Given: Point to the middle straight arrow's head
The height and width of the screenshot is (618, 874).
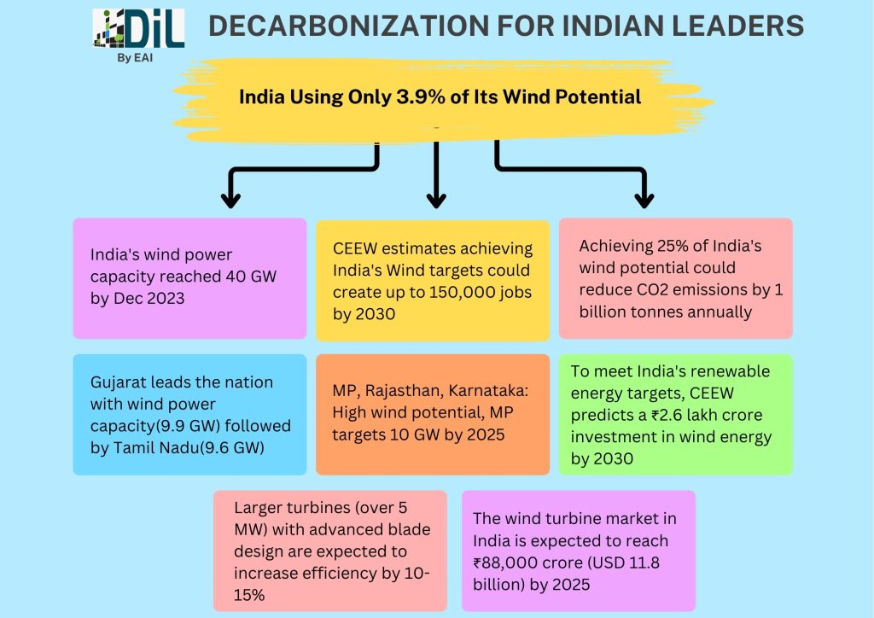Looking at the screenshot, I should (x=436, y=199).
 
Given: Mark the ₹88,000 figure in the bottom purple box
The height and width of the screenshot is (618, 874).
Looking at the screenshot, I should (x=507, y=563).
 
